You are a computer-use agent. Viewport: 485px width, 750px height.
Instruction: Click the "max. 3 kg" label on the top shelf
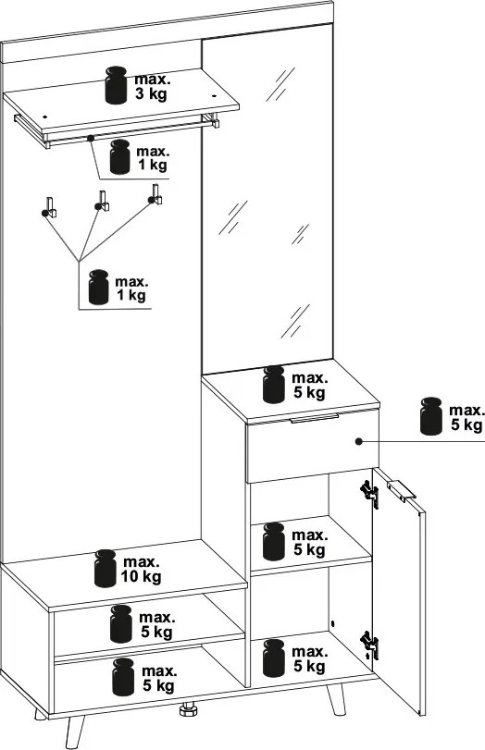click(x=152, y=87)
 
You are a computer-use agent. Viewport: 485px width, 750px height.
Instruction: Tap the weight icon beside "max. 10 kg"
click(x=106, y=568)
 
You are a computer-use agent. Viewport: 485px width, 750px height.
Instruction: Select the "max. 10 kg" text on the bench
click(x=141, y=569)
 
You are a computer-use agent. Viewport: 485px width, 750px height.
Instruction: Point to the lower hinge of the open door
click(x=370, y=645)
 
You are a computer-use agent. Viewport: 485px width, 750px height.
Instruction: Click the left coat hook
click(x=49, y=207)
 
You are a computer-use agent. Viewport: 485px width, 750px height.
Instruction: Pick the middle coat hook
click(x=102, y=202)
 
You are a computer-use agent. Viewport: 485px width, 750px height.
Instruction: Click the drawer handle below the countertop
click(x=315, y=418)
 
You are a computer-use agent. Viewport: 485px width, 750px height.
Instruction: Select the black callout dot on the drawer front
click(x=358, y=441)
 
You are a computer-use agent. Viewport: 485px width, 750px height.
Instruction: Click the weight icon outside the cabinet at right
click(x=431, y=415)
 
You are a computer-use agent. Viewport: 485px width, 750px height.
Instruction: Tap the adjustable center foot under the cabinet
click(x=188, y=709)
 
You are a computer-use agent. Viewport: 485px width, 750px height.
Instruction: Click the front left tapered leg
click(x=74, y=732)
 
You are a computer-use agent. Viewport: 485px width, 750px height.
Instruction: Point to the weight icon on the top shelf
click(x=116, y=85)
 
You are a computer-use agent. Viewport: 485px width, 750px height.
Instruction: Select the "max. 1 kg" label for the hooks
click(x=131, y=288)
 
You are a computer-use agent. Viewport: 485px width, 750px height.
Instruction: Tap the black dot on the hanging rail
click(x=90, y=138)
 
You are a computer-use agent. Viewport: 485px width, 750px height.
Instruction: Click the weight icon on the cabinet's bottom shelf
click(x=273, y=658)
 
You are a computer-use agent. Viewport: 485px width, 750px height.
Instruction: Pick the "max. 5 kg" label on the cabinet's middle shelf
click(x=309, y=543)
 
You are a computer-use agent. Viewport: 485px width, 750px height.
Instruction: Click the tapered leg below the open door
click(x=337, y=700)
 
